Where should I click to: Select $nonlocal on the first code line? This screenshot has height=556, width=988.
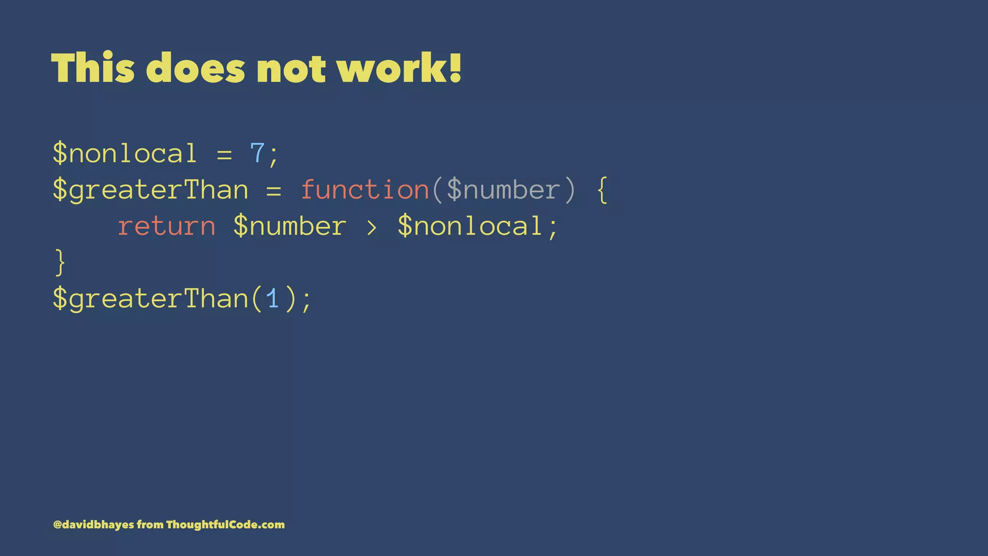(124, 153)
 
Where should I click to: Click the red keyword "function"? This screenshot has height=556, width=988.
(365, 190)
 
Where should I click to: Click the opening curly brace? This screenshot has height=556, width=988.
(602, 190)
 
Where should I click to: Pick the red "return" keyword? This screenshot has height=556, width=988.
(166, 226)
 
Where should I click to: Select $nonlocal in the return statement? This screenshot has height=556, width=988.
(470, 226)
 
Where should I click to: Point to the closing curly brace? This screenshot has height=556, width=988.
(60, 263)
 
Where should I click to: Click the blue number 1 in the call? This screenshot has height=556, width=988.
(273, 299)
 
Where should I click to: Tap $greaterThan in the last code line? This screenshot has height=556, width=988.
(150, 299)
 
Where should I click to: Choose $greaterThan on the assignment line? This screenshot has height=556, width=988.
(150, 190)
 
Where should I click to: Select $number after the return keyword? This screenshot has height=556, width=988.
(289, 226)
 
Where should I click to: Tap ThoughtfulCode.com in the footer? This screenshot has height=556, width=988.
(225, 525)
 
